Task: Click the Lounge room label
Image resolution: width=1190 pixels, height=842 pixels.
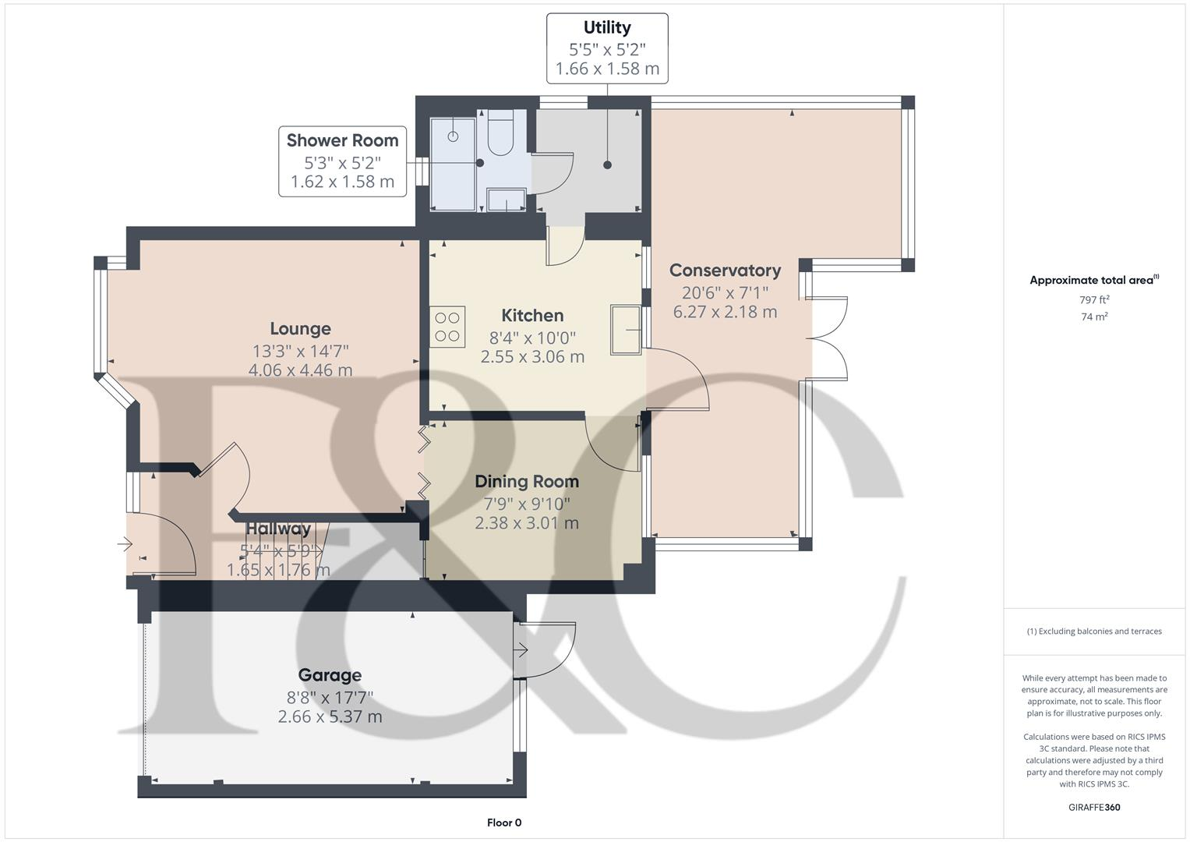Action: coord(300,329)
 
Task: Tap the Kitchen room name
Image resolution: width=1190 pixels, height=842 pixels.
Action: coord(532,316)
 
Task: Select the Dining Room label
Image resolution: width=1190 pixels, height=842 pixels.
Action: coord(527,482)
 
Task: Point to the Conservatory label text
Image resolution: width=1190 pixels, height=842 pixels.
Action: coord(725,271)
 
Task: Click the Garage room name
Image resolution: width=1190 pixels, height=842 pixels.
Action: coord(330,675)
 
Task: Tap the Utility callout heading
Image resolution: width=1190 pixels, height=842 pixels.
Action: coord(607,28)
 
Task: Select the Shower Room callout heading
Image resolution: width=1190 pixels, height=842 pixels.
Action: coord(342,141)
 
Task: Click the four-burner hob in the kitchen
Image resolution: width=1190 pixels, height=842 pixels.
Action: coord(447,327)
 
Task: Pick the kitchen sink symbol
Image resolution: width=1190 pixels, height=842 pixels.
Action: coord(625,331)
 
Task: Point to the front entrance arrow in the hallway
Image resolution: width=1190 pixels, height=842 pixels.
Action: coord(125,544)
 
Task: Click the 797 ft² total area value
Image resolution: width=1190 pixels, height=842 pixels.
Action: coord(1094,300)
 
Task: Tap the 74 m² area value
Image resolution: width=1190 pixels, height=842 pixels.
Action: coord(1094,317)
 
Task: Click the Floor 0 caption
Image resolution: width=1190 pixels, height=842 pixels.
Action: coord(504,823)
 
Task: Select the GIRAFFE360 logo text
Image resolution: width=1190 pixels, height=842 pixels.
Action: coord(1094,807)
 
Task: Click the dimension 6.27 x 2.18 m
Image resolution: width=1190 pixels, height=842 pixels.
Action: coord(725,312)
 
